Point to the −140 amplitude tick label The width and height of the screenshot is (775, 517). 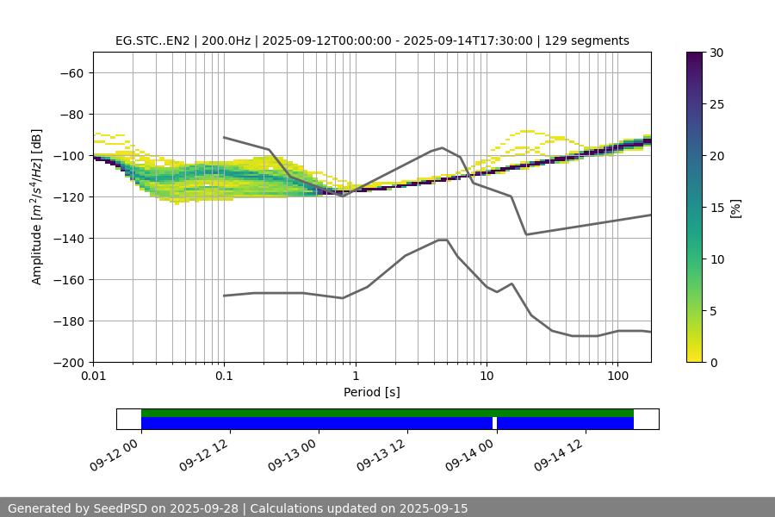point(69,238)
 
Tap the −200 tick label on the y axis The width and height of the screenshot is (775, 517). point(69,362)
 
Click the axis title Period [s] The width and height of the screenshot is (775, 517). point(372,393)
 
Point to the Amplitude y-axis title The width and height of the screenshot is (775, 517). point(37,207)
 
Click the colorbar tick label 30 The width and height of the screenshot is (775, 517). point(716,53)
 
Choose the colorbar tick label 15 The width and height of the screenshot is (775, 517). point(716,208)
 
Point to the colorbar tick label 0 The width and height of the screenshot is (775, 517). point(712,362)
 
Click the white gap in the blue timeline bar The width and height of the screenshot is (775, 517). point(495,423)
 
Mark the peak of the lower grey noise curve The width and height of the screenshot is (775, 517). point(442,240)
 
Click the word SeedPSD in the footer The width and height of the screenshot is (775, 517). point(119,508)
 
